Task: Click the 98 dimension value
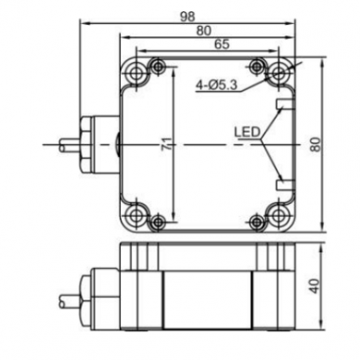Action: pyautogui.click(x=187, y=17)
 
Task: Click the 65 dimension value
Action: pyautogui.click(x=222, y=44)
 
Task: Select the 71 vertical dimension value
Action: pyautogui.click(x=167, y=144)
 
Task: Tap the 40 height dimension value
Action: pyautogui.click(x=315, y=286)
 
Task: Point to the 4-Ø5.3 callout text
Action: pyautogui.click(x=216, y=84)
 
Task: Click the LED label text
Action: pyautogui.click(x=247, y=133)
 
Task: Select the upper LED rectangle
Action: pyautogui.click(x=284, y=104)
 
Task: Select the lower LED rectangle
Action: pyautogui.click(x=284, y=185)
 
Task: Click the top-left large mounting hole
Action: pyautogui.click(x=135, y=73)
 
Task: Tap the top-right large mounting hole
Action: pyautogui.click(x=279, y=73)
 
